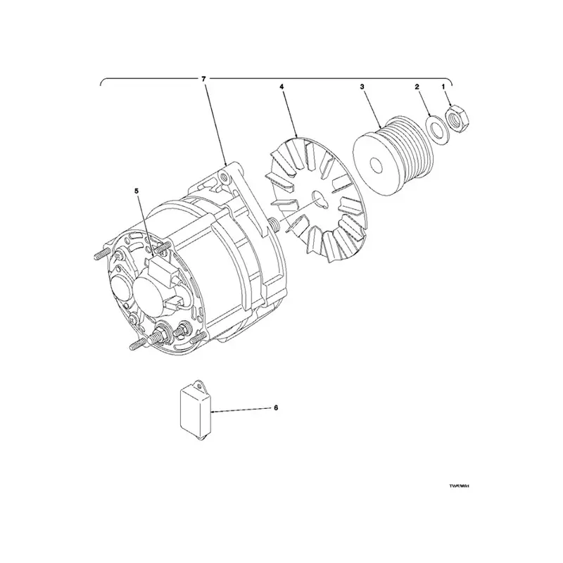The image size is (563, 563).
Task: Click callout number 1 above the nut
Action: tap(443, 86)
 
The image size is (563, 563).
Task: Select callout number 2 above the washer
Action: tap(417, 86)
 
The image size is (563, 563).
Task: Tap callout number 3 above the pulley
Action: tap(361, 86)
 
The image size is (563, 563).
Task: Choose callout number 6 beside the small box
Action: tap(276, 407)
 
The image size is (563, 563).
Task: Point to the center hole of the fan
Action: tap(319, 199)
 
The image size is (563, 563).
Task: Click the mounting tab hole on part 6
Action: tap(199, 385)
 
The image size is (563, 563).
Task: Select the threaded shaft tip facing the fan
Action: tap(271, 224)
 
